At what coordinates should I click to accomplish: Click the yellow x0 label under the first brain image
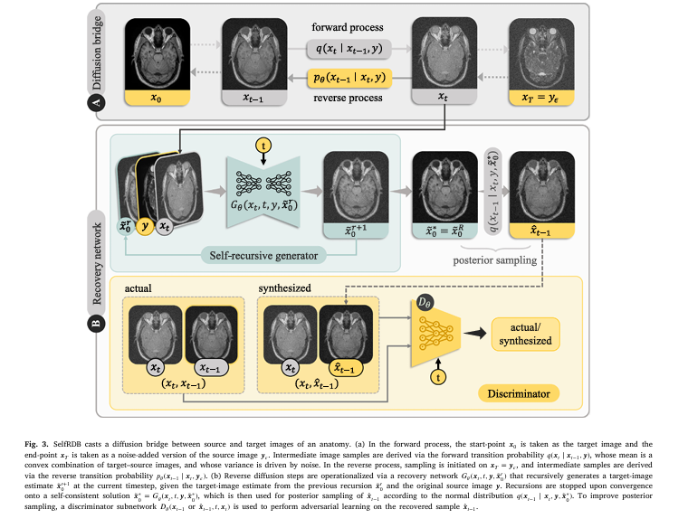point(157,96)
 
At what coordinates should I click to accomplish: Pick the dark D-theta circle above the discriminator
point(425,299)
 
